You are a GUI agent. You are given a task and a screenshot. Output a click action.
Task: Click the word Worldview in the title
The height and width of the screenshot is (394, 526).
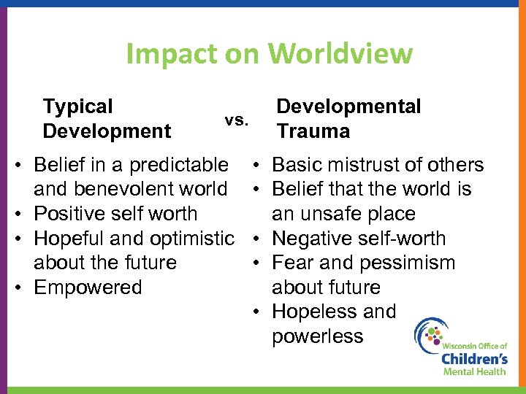(340, 53)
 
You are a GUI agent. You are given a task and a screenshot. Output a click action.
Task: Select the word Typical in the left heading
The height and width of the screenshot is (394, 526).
(78, 107)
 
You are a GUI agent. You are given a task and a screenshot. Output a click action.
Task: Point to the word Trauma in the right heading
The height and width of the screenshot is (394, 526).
(313, 131)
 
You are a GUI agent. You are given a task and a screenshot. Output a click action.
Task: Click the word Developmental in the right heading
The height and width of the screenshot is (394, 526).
(348, 107)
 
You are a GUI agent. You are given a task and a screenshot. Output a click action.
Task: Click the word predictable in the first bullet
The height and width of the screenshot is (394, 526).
(178, 165)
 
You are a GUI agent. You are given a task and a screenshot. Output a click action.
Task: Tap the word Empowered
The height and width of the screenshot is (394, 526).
(88, 287)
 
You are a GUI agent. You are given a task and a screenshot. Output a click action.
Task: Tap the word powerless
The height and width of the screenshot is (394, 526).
(317, 336)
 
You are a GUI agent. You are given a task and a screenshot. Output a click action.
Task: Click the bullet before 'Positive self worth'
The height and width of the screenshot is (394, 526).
(23, 214)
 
